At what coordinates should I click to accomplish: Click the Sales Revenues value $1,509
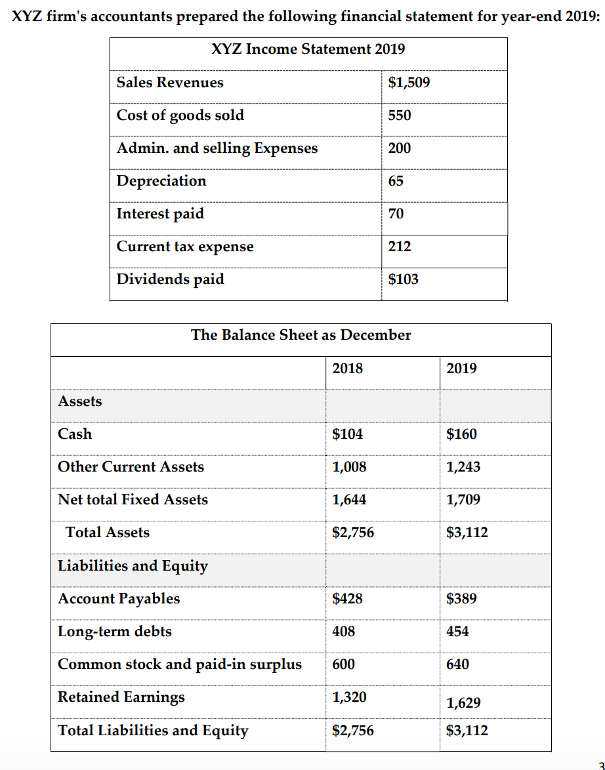tap(409, 83)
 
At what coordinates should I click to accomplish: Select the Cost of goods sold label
tap(180, 115)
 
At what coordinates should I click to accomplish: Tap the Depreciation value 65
tap(396, 181)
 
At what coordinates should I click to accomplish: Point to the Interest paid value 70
tap(396, 214)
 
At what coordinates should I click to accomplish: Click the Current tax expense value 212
tap(400, 247)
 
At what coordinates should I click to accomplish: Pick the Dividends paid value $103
tap(403, 279)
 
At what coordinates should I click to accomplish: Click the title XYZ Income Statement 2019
tap(308, 49)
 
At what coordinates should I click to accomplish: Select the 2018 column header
tap(347, 369)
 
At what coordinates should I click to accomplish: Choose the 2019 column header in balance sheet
tap(461, 369)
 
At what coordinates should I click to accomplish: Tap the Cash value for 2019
tap(461, 434)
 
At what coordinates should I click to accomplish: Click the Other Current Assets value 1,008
tap(349, 467)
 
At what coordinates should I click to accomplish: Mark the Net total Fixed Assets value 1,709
tap(463, 500)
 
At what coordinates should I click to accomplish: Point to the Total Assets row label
tap(108, 533)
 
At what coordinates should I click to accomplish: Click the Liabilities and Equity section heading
tap(133, 566)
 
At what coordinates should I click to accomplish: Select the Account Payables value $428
tap(347, 599)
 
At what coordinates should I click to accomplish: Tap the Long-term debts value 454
tap(457, 632)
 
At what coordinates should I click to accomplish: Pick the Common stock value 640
tap(457, 664)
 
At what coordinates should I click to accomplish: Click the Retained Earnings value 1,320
tap(349, 697)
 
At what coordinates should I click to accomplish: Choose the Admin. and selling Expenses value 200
tap(400, 148)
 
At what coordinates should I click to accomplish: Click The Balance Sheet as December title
tap(301, 335)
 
